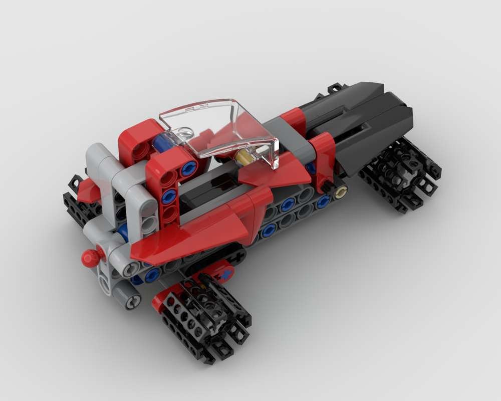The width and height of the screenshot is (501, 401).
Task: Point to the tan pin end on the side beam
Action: pyautogui.click(x=342, y=191)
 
